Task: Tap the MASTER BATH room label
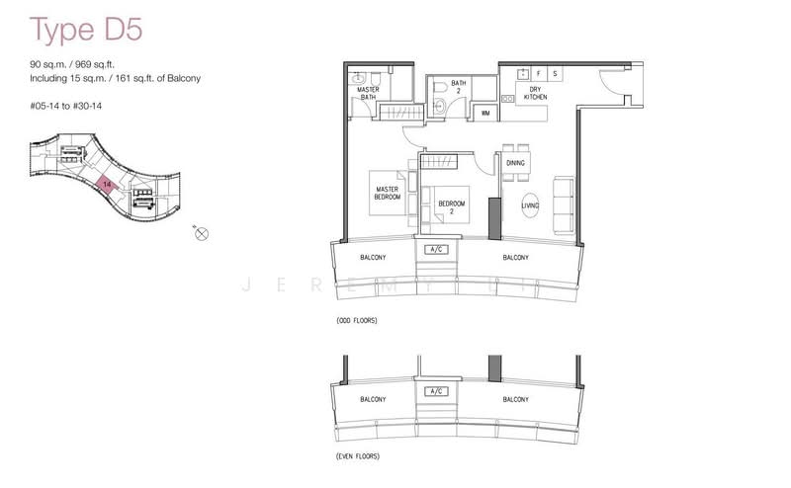369,93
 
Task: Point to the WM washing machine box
485,114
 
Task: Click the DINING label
515,162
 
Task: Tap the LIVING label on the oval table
530,204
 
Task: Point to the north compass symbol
202,234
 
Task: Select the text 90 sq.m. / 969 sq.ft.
86,65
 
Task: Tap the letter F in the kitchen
538,73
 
